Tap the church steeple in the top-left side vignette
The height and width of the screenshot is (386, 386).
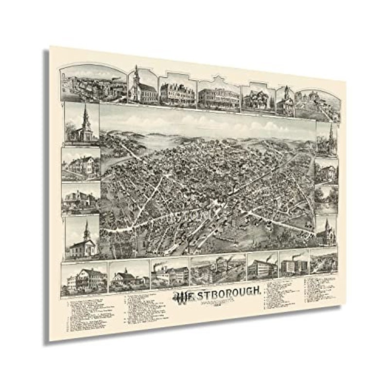coord(86,114)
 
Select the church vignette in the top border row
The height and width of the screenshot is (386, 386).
coord(142,86)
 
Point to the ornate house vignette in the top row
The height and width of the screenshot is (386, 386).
coord(258,99)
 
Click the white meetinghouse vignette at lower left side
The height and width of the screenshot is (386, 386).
coord(82,238)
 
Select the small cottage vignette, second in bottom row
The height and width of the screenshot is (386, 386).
coord(129,279)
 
